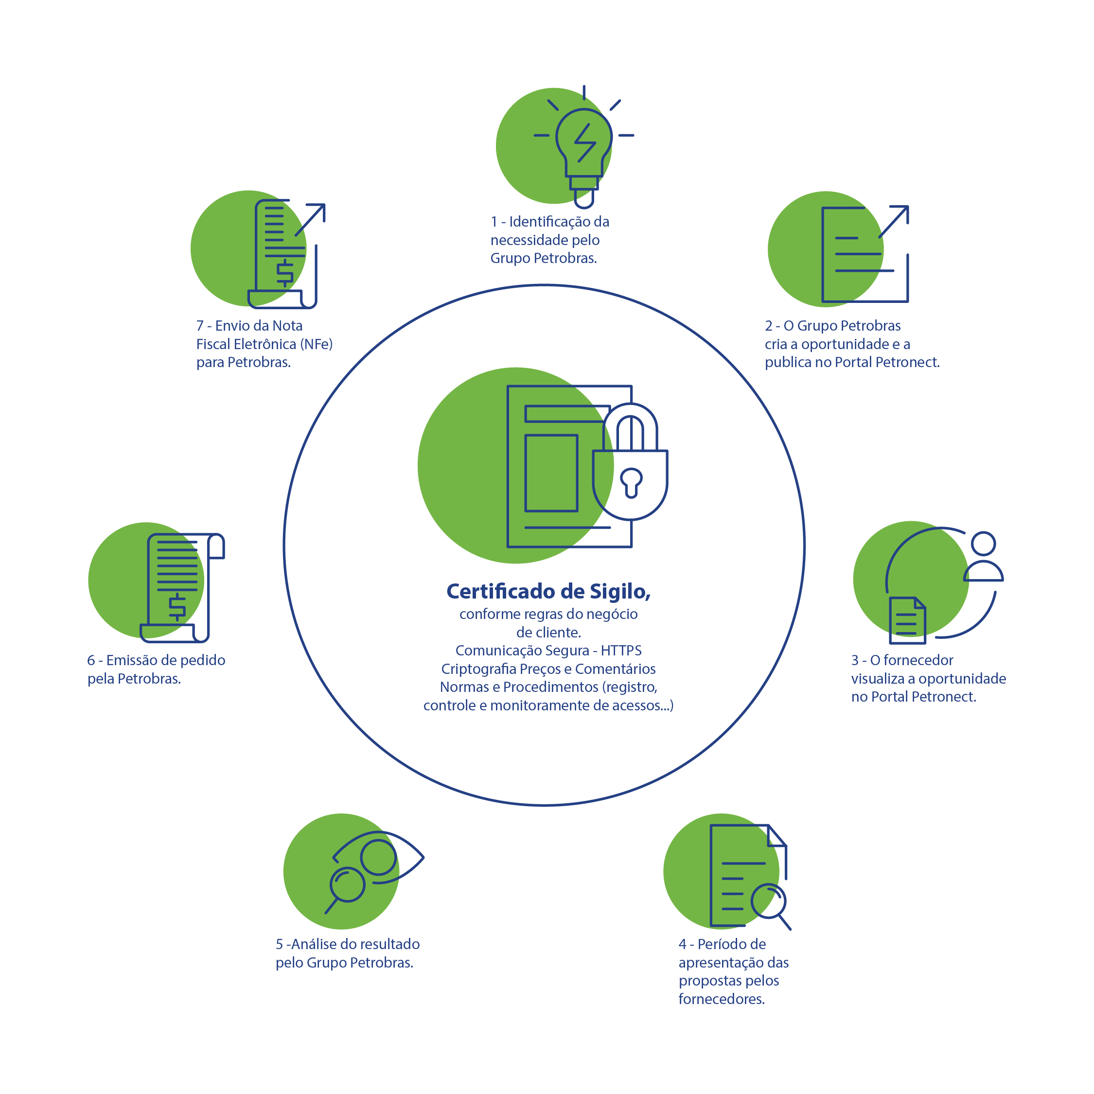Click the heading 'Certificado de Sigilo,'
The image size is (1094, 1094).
tap(548, 592)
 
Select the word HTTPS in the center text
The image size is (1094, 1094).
tap(621, 650)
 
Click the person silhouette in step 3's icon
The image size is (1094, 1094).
tap(984, 556)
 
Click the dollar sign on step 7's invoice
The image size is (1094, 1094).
tap(285, 273)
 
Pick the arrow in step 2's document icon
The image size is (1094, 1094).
tap(894, 221)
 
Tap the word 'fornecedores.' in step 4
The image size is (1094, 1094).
tap(722, 999)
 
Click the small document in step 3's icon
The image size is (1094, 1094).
tap(908, 620)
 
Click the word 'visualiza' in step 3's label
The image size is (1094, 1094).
tap(877, 678)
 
